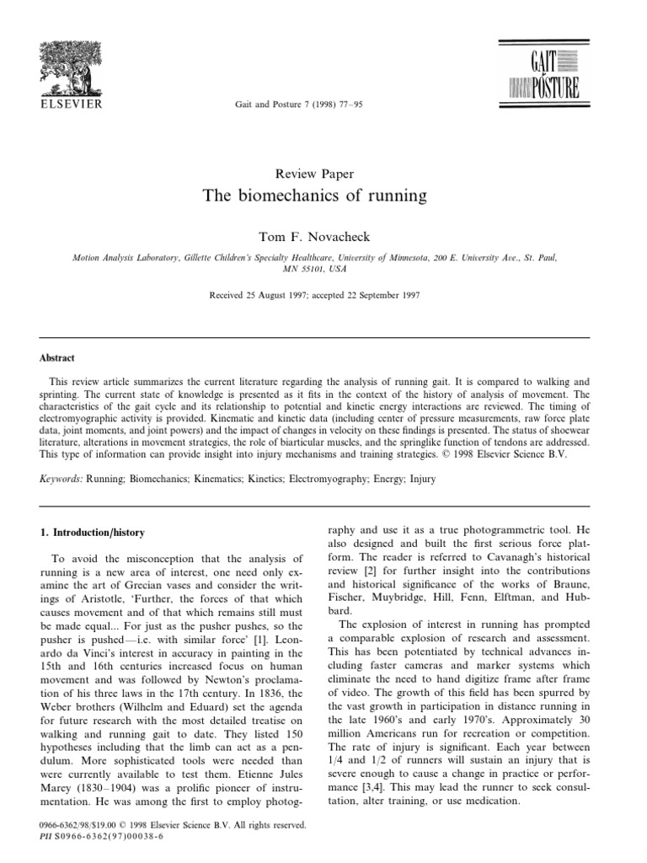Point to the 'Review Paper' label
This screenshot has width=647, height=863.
tap(314, 174)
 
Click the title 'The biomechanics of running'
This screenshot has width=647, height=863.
tap(315, 196)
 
